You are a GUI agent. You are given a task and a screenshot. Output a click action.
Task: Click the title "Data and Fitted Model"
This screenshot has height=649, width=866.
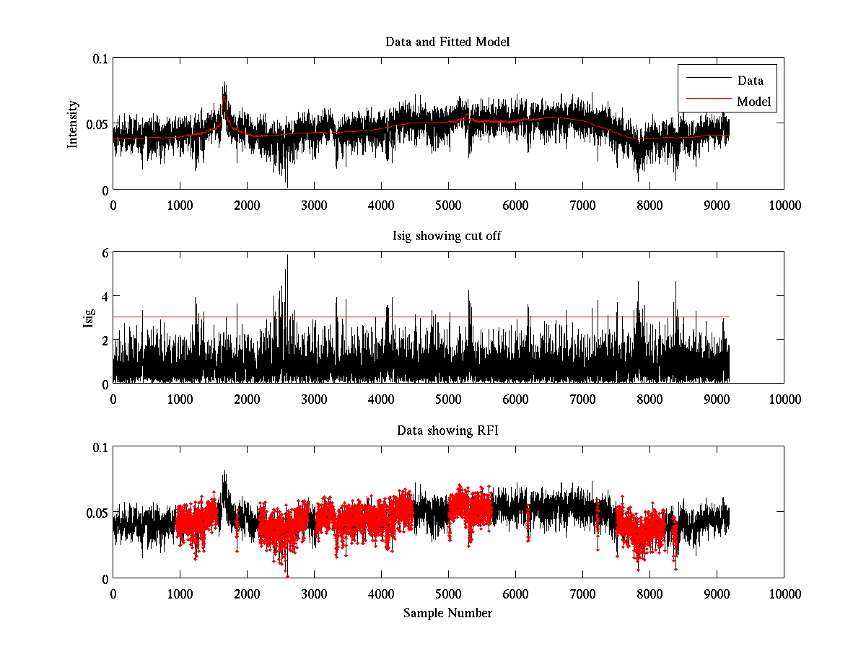[447, 42]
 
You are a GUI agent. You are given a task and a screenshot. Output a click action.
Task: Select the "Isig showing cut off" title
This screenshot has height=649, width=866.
[447, 236]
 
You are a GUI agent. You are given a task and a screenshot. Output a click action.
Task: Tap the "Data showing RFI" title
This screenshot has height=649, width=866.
[447, 431]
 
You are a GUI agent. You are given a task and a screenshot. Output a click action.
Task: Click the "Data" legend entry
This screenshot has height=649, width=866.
[750, 81]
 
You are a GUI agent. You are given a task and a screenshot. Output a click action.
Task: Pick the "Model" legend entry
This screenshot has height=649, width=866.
[753, 102]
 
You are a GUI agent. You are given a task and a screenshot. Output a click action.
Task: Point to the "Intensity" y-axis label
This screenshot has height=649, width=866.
[72, 124]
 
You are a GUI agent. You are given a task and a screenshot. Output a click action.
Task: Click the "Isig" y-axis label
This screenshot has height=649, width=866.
[88, 318]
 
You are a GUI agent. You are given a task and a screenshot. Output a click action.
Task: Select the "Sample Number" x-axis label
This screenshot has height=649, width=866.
[447, 613]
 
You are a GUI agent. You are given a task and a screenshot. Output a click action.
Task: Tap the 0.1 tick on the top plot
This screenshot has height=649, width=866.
[100, 58]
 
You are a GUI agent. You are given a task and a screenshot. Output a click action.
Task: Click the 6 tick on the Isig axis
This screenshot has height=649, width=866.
[105, 252]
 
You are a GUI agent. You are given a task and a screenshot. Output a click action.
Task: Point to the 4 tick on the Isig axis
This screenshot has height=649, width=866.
[105, 296]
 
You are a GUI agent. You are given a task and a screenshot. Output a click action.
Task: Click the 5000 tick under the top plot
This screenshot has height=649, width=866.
[448, 205]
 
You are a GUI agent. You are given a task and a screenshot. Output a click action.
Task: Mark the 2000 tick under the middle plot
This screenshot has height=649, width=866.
[247, 399]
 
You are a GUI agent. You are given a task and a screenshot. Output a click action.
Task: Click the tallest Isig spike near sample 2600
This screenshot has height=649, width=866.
[287, 255]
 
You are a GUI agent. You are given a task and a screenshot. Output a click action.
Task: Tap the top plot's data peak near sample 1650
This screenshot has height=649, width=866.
[224, 83]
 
